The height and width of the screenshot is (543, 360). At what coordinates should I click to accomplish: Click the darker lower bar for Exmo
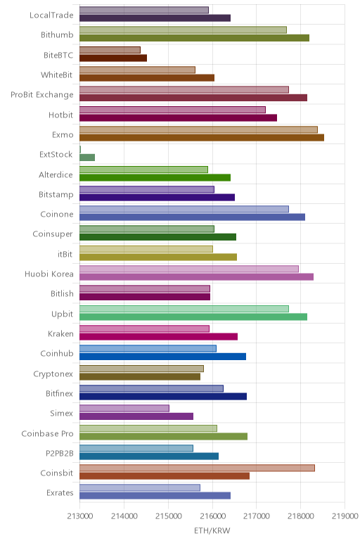point(202,137)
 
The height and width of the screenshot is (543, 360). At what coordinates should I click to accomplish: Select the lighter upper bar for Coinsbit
point(197,468)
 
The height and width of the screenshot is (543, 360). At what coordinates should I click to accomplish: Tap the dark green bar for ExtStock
point(87,158)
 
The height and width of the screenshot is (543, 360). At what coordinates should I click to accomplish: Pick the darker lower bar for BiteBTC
point(113,58)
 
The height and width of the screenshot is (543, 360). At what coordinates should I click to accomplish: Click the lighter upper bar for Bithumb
point(183,30)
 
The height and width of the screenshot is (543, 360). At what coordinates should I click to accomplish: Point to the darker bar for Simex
point(136,416)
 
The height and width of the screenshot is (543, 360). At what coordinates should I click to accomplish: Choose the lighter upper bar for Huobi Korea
point(189,269)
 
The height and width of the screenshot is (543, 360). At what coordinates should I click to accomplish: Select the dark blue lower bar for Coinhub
point(162,357)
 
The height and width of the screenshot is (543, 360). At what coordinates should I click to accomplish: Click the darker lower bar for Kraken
point(158,337)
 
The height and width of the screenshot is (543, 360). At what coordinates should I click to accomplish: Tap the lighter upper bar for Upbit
point(184,309)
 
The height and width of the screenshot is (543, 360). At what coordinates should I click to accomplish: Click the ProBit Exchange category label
point(42,95)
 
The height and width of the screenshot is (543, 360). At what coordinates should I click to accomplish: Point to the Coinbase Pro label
point(47,433)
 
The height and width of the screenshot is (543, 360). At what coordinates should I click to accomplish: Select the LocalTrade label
point(51,15)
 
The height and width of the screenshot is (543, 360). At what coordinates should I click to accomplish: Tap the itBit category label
point(65,254)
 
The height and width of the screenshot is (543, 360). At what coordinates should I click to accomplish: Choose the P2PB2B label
point(60,453)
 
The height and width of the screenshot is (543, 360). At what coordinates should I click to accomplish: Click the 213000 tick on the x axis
point(80,516)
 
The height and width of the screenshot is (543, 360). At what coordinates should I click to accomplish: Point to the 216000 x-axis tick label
point(212,516)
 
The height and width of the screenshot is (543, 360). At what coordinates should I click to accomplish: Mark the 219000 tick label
point(345,516)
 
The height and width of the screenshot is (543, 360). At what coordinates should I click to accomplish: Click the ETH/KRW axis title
point(212,531)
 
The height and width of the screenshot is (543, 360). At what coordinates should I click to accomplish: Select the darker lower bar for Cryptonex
point(140,376)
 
